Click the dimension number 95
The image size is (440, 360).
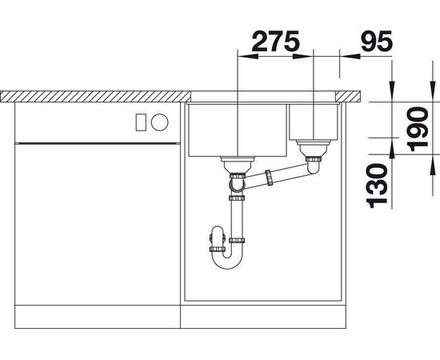373,41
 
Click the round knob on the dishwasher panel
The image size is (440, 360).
160,122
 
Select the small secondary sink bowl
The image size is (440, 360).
313,120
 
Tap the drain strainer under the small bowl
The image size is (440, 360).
311,149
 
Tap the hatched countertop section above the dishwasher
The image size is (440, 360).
96,97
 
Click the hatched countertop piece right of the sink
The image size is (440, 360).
352,97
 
